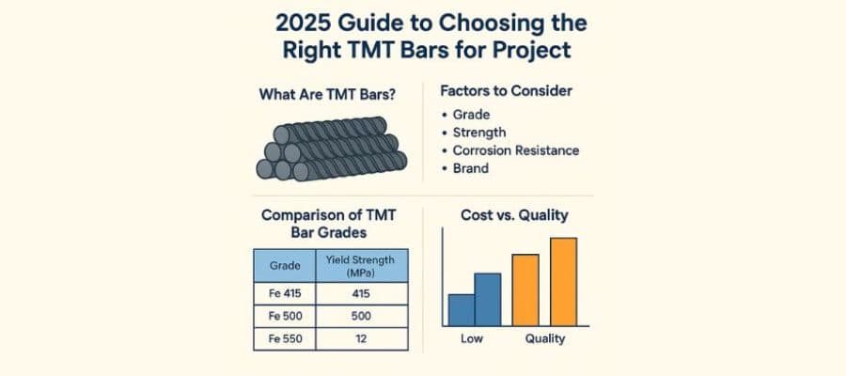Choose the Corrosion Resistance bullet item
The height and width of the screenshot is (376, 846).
516,150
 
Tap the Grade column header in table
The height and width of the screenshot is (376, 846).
285,266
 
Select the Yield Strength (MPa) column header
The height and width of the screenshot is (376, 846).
362,266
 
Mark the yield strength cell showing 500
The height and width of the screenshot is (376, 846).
362,317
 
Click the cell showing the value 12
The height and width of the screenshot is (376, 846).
362,338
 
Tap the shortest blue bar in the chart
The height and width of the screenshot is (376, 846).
461,308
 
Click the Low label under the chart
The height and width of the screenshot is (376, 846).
472,338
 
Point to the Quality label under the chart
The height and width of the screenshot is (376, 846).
545,338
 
